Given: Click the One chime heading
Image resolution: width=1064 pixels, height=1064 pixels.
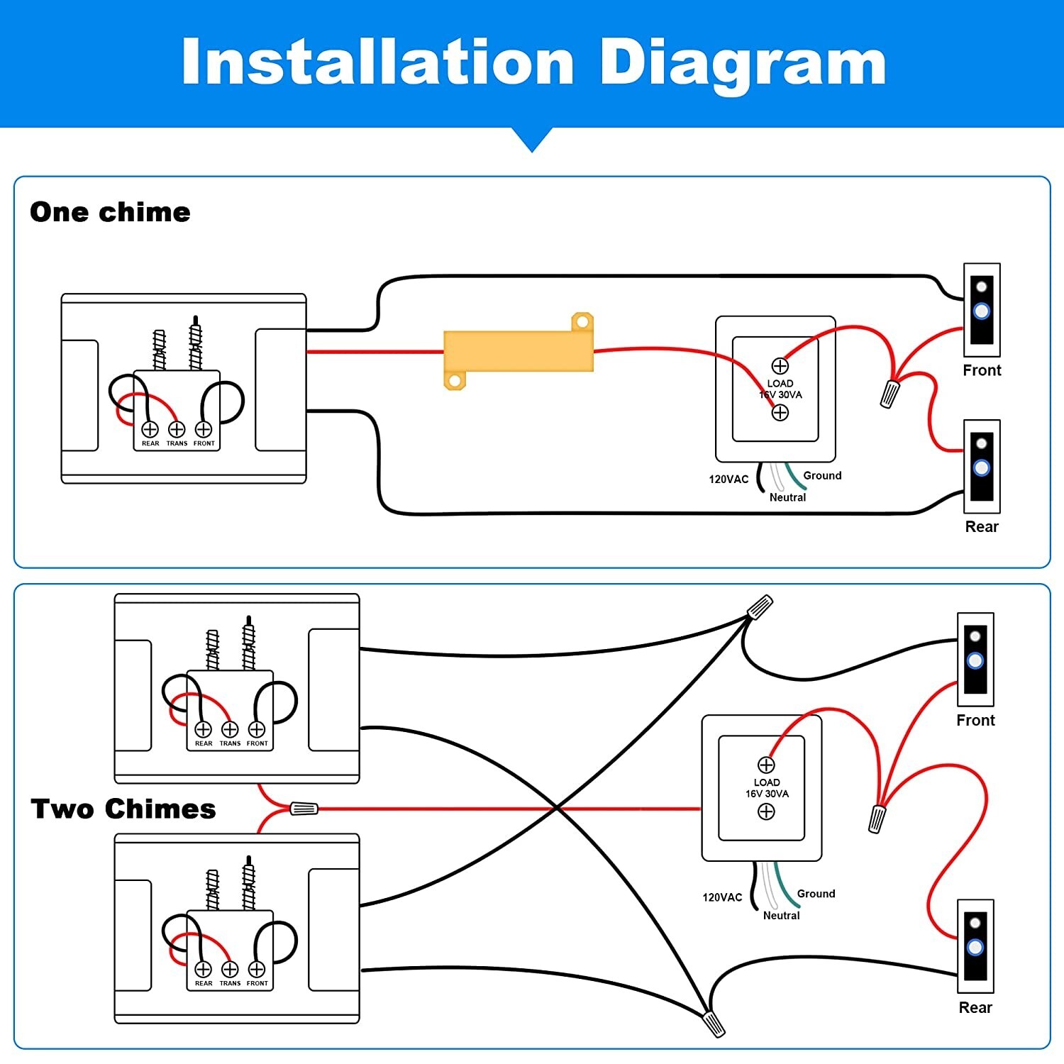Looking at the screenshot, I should coord(110,212).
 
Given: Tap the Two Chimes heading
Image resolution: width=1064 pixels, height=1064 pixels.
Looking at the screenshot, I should coord(123,809).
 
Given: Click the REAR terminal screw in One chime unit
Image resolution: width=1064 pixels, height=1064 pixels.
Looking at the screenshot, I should coord(150,429).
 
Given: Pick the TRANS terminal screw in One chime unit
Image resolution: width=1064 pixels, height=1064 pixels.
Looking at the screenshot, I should coord(177,429).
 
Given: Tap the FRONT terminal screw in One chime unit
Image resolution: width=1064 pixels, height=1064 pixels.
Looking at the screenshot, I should coord(204,429).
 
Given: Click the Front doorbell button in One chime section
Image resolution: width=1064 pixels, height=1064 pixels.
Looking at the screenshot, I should coord(982,311).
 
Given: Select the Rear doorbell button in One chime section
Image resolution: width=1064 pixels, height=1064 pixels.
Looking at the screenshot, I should coord(982,467).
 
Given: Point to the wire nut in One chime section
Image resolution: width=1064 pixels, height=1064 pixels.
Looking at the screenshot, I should coord(890,394).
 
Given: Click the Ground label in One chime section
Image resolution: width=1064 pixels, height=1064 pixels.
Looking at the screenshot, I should coord(822,475).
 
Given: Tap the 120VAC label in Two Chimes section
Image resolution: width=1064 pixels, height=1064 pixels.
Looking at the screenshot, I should coord(722,897).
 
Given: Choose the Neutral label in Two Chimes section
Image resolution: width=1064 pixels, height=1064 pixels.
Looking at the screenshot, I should coord(781,916).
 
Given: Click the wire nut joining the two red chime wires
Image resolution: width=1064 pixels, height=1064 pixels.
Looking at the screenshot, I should coord(304,808).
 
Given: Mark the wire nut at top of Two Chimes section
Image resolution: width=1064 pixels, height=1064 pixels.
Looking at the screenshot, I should coord(760,606).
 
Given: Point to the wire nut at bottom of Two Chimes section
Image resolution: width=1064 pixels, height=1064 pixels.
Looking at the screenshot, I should coord(714,1024).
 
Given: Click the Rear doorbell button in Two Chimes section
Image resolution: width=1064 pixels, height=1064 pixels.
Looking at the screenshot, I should coord(975,946).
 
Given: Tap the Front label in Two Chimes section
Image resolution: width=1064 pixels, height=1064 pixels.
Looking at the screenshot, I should coord(975,720).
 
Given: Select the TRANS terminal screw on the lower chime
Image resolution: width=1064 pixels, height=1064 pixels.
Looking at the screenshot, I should coord(230,969).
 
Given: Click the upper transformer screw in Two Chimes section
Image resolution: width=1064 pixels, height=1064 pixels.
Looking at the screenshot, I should coord(766,765).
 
